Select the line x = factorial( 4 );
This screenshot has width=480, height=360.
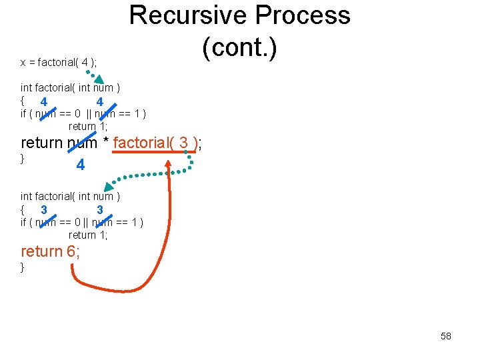(59, 63)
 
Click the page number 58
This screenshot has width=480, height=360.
(446, 336)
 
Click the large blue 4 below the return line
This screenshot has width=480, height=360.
(80, 165)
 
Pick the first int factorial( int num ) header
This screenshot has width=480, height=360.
(70, 87)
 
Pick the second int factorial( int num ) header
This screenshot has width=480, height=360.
(70, 196)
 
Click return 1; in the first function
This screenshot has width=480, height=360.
(88, 126)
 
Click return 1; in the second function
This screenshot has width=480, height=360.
(88, 235)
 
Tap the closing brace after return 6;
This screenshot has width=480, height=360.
(23, 267)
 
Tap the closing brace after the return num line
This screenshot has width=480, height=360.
(23, 159)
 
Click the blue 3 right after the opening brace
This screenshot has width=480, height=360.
(43, 209)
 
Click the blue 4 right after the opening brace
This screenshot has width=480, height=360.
(43, 102)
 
